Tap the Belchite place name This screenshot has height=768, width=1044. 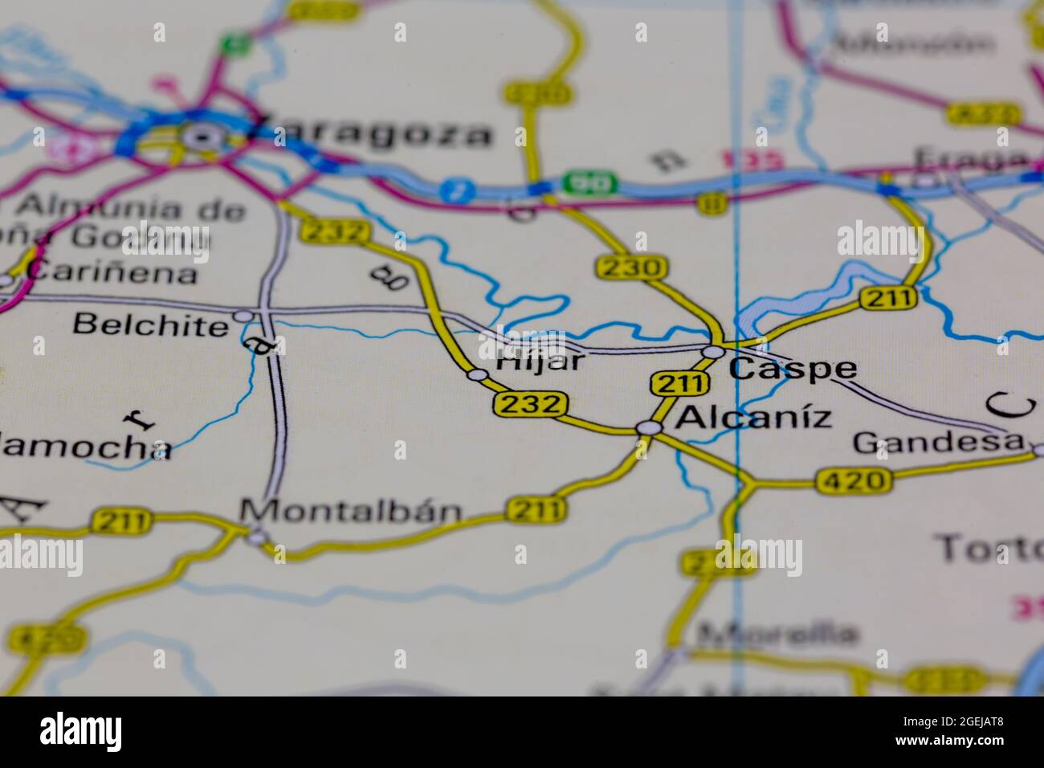tap(150, 325)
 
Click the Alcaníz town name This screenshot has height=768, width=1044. tap(753, 418)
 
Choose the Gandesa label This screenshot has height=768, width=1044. tap(939, 442)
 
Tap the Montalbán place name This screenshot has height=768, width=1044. tap(352, 511)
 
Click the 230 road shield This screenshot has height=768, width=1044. tap(631, 268)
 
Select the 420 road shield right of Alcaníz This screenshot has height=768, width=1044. tap(854, 482)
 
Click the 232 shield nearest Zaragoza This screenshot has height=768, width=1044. tap(336, 232)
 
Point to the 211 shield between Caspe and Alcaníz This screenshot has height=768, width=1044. tap(679, 384)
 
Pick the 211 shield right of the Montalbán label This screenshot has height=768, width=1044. tap(536, 509)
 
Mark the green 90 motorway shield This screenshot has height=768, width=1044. tap(589, 183)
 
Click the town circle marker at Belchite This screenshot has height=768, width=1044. tap(243, 316)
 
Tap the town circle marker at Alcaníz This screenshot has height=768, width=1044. tap(647, 428)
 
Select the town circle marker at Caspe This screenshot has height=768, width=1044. tap(712, 352)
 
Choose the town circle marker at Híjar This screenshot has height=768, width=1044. tap(478, 374)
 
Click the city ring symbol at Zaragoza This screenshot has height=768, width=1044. tap(198, 137)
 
